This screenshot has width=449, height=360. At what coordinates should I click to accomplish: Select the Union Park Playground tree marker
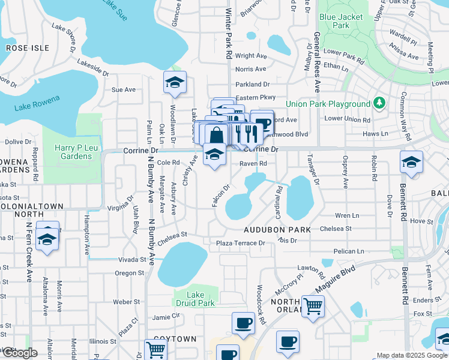tap(379, 103)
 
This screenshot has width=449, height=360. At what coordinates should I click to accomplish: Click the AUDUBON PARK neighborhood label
tap(277, 230)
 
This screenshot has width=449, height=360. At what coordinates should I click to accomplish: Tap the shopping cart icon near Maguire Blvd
tap(313, 306)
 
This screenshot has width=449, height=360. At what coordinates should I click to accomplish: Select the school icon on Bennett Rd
tap(411, 162)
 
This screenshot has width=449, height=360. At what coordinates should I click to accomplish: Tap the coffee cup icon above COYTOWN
tap(243, 323)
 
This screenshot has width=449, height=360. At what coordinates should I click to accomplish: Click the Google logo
tap(20, 353)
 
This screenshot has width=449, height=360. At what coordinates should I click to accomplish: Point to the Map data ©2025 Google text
tap(411, 355)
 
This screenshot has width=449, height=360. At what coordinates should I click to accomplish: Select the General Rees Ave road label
tap(316, 62)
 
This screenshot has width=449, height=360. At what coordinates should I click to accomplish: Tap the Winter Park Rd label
tap(228, 33)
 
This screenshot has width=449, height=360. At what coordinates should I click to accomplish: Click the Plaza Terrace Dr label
tap(241, 243)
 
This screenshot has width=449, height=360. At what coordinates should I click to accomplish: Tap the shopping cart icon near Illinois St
tap(155, 349)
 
